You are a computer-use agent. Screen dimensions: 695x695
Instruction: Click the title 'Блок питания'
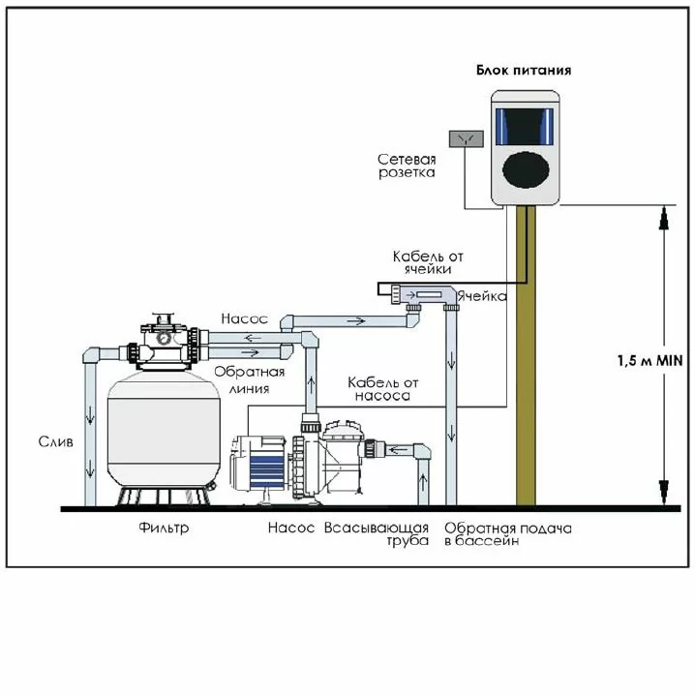pos(523,71)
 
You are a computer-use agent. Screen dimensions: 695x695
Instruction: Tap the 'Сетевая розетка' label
pos(407,166)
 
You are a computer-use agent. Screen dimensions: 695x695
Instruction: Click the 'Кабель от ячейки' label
pos(429,262)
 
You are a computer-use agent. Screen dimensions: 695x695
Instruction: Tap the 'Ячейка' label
pos(482,296)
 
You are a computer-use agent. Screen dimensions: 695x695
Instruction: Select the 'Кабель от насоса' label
pos(380,389)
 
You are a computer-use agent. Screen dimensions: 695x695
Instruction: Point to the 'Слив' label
pos(56,441)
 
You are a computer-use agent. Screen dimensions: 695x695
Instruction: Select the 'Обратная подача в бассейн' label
pos(507,534)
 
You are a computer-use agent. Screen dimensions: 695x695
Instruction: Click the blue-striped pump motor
pos(261,465)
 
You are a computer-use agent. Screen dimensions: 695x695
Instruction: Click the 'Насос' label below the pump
pos(291,529)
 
